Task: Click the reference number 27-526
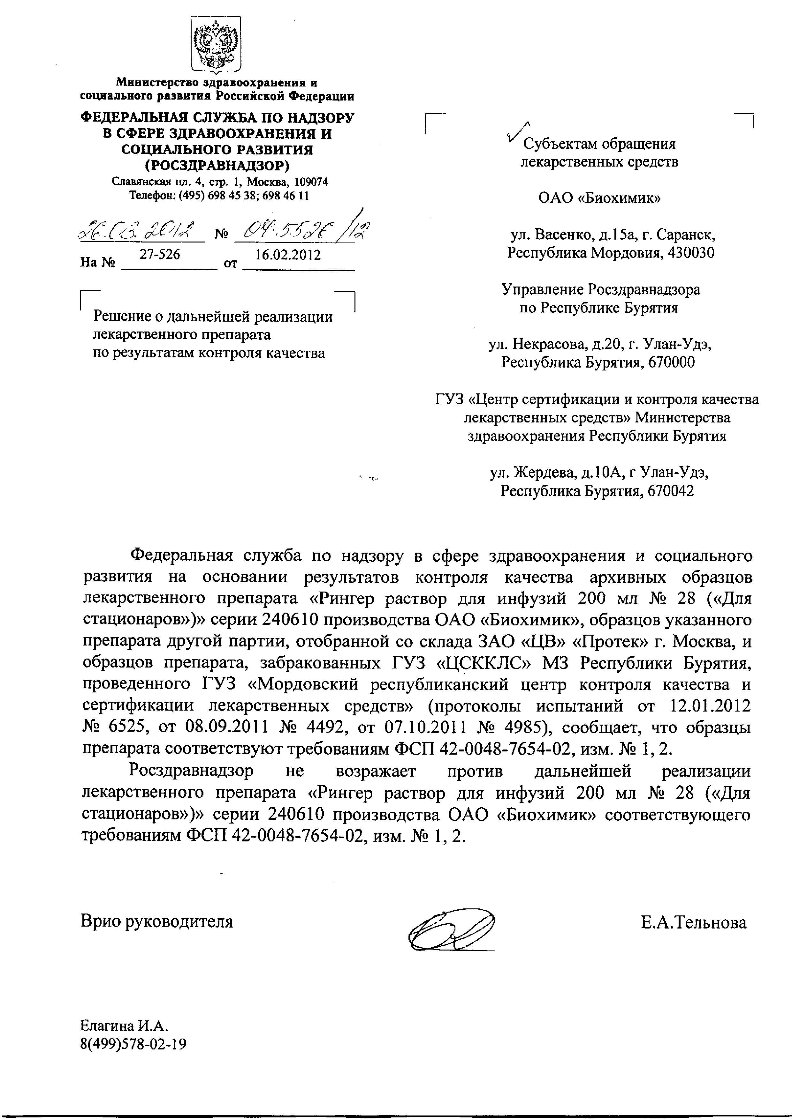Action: (159, 254)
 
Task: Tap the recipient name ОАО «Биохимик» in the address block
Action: (599, 198)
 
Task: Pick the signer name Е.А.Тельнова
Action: (694, 922)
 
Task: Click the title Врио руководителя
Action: (157, 921)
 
